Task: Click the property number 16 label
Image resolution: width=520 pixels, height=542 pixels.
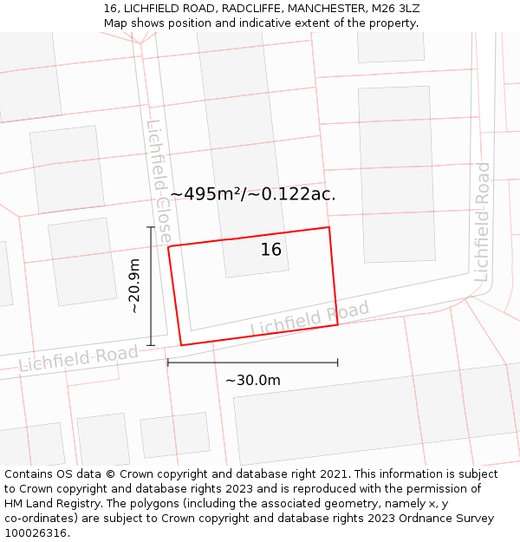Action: click(x=271, y=250)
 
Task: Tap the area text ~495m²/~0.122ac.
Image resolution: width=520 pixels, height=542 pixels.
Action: click(x=253, y=194)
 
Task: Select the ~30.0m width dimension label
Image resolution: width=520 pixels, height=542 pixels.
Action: click(x=253, y=380)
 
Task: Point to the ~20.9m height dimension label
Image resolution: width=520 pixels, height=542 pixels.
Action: click(x=134, y=286)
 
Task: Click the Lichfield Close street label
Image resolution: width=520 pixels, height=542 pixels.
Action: click(x=159, y=180)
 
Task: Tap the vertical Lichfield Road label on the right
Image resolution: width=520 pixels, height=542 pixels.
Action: click(x=482, y=221)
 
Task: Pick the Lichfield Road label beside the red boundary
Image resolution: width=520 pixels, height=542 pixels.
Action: click(x=309, y=319)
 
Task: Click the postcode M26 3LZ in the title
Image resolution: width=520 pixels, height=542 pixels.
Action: click(x=393, y=9)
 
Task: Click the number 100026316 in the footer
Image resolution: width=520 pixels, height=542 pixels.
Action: click(x=36, y=533)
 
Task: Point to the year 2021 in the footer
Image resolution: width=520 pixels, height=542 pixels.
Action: click(x=333, y=474)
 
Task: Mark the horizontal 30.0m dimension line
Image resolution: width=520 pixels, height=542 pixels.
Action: click(x=252, y=362)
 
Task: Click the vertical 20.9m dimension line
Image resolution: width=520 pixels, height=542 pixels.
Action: click(x=151, y=286)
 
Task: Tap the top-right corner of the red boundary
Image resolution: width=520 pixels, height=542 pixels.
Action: click(x=329, y=227)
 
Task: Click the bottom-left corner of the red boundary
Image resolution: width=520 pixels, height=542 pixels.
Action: click(x=180, y=345)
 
